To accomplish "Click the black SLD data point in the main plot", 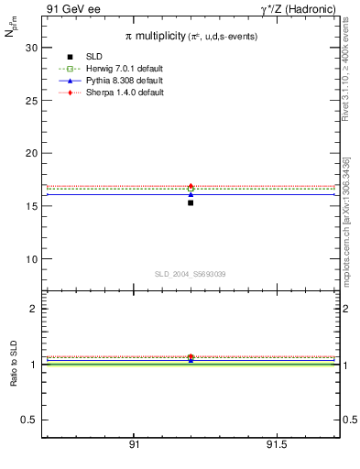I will pyautogui.click(x=191, y=202).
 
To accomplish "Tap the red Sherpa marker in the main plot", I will pyautogui.click(x=191, y=186).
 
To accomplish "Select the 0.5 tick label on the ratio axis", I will pyautogui.click(x=29, y=420).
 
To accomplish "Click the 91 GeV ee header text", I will pyautogui.click(x=71, y=8).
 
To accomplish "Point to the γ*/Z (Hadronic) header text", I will pyautogui.click(x=298, y=8).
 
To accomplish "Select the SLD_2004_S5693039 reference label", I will pyautogui.click(x=190, y=274).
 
